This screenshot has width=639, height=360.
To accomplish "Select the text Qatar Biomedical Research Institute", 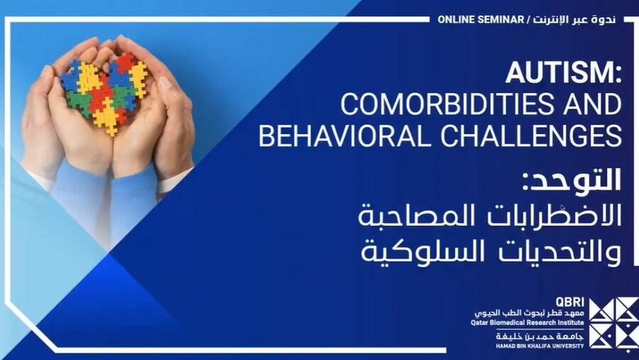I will click(527, 322).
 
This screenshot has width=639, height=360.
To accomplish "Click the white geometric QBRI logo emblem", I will click(613, 322).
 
